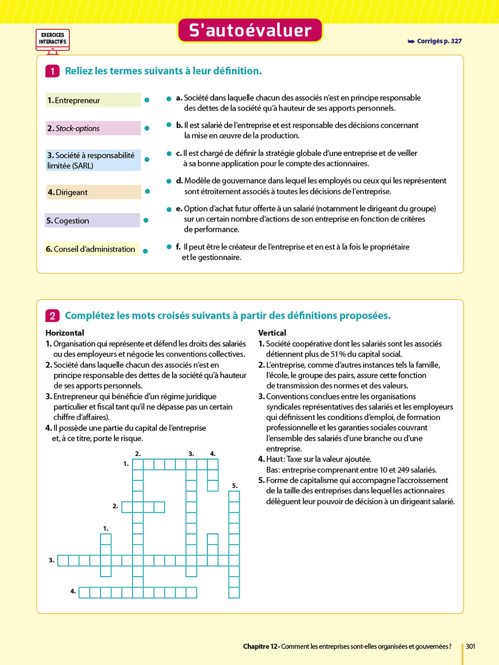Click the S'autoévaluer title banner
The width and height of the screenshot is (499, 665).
pos(250,31)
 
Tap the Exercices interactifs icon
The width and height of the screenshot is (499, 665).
pos(53,40)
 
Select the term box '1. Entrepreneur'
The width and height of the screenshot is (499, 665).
pos(93,100)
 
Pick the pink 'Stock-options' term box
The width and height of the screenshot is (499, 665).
pos(93,128)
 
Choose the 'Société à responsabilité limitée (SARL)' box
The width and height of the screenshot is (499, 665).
pos(93,160)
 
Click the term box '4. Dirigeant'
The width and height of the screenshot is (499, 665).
pos(93,192)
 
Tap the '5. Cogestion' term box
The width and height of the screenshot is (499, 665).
pos(92,220)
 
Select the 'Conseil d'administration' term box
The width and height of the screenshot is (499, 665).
pos(92,249)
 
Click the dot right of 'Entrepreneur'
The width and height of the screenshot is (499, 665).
pos(147,100)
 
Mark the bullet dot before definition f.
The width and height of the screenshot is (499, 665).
pos(169,247)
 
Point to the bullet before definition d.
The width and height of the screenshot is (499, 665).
pos(169,181)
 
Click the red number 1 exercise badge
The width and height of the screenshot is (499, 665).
pos(52,71)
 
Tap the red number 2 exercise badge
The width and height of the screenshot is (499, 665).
pos(52,316)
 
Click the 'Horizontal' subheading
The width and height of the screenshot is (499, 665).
pos(65,333)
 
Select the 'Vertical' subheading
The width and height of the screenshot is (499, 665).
pos(272,333)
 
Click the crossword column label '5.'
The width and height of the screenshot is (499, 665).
pos(235,486)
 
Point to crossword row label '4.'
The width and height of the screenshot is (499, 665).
pos(73,591)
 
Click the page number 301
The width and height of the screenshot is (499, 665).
pos(470,646)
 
